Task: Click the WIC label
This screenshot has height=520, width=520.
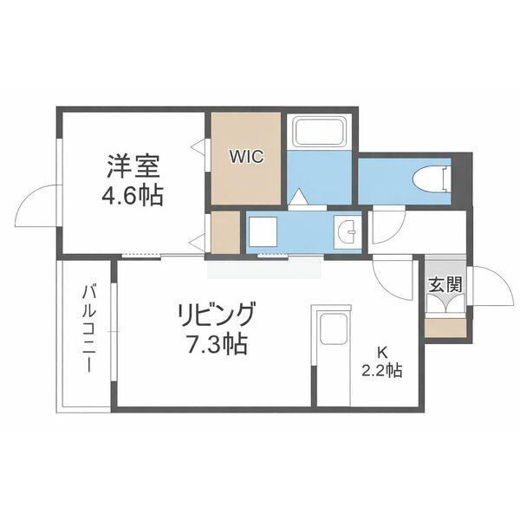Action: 247,157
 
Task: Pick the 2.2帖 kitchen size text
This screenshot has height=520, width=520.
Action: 381,370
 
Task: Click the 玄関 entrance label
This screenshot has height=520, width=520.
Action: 445,284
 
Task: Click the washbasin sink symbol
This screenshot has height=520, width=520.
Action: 348,232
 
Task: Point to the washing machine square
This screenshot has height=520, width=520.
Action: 263,231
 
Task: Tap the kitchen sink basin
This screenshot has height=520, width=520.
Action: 334,328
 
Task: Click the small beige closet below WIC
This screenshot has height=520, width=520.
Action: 225,233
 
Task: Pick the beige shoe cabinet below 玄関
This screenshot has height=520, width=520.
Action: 445,328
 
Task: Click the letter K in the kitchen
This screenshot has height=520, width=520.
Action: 382,353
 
